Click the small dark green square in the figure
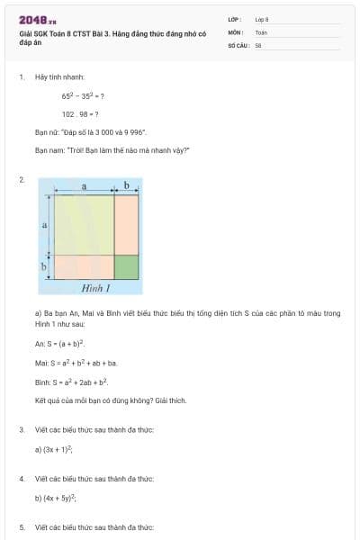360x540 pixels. tap(127, 267)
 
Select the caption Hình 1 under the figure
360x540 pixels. tap(95, 289)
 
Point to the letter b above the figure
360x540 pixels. tap(127, 185)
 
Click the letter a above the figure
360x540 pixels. tap(84, 185)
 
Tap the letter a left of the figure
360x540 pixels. tap(44, 224)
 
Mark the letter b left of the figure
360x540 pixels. tap(44, 267)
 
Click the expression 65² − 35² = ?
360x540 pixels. tap(83, 95)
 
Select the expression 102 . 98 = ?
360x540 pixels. tap(80, 114)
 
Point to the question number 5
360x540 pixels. tap(22, 526)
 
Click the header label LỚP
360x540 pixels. tap(235, 18)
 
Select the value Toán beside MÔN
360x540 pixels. tap(261, 31)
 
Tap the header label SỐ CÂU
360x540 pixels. tap(238, 44)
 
